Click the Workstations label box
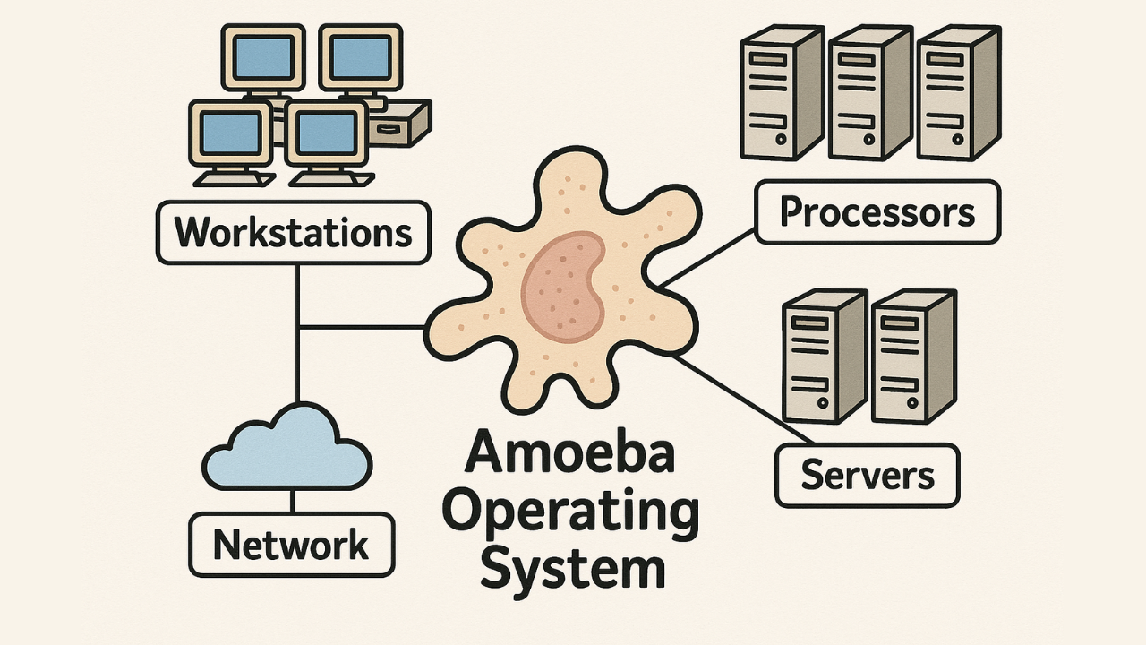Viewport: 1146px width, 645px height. pos(293,233)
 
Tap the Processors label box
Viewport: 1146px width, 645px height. pos(877,212)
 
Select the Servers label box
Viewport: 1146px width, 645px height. pos(866,474)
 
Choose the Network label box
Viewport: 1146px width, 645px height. pos(291,545)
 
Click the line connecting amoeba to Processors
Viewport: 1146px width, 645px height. pos(707,257)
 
